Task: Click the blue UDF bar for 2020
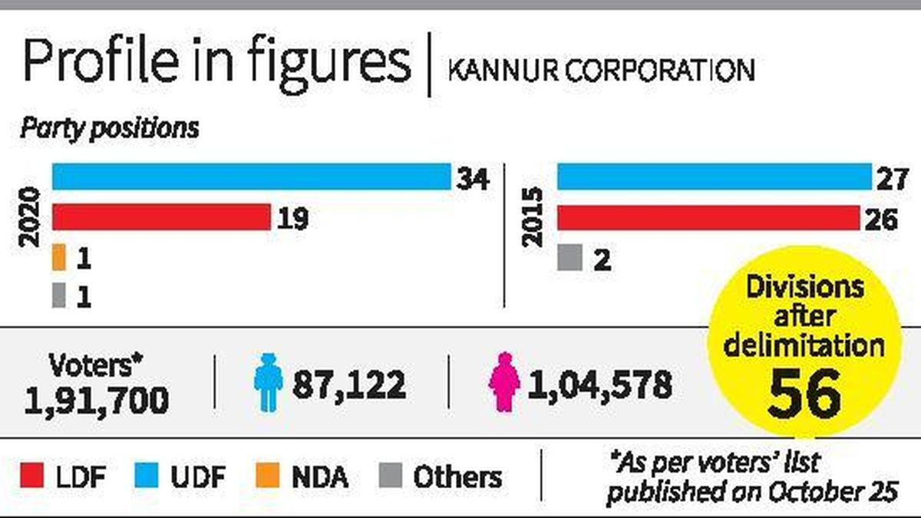point(251,177)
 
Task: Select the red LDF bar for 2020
point(161,217)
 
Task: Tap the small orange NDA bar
point(58,257)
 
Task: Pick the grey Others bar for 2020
point(58,295)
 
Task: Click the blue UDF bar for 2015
point(714,177)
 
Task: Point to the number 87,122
point(348,384)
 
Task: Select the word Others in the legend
point(457,477)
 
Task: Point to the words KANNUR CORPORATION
point(601,71)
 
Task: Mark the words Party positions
point(109,128)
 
